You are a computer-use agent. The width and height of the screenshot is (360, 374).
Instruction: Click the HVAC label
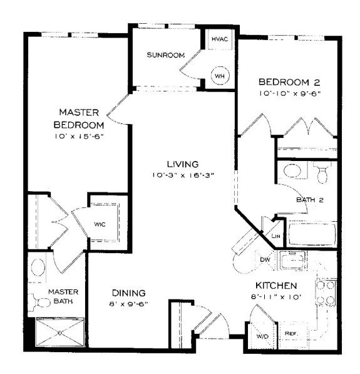[x=220, y=39]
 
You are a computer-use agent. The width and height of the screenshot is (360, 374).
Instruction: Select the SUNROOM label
[x=165, y=55]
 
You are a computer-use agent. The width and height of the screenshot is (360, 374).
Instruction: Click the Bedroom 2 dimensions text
[x=289, y=93]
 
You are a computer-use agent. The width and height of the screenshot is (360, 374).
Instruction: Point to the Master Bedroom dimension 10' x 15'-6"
[x=79, y=137]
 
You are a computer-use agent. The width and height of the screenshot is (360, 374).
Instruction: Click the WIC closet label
[x=100, y=224]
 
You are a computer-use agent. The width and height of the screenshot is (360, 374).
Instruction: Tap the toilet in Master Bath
[x=41, y=303]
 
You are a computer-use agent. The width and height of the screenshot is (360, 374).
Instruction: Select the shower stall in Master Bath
[x=60, y=332]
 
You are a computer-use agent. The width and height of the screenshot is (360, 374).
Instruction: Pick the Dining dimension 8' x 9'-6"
[x=129, y=304]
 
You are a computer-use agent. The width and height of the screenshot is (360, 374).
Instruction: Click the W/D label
[x=262, y=336]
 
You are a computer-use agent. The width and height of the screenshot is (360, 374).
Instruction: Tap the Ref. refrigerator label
[x=291, y=333]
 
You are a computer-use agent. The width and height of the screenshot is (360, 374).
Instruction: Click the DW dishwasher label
[x=265, y=259]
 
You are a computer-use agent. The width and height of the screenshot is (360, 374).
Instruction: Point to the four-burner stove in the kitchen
[x=326, y=293]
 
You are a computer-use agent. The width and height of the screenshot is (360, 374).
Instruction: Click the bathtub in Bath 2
[x=312, y=234]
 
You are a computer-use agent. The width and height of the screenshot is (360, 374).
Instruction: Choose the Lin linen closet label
[x=275, y=236]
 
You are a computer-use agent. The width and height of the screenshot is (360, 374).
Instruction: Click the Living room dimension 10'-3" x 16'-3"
[x=183, y=175]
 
